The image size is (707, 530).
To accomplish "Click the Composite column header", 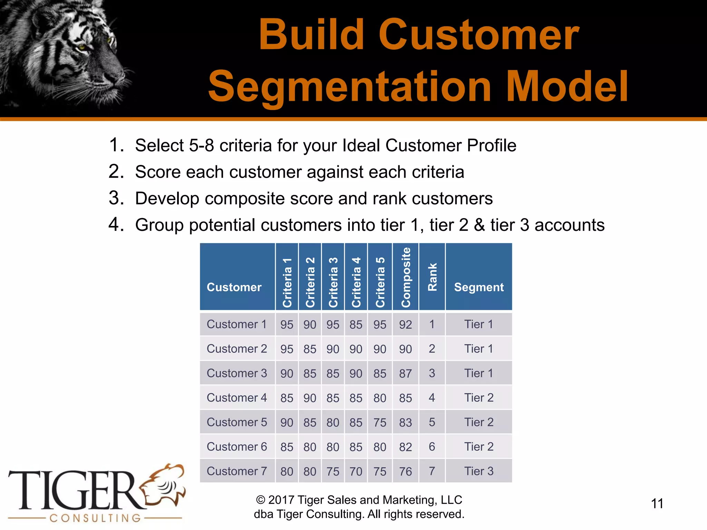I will (406, 277).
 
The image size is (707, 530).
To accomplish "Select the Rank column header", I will (432, 277).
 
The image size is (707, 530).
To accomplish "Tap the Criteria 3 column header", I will (333, 282).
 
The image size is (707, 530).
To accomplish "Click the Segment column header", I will (479, 287).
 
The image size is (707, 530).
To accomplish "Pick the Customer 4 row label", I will (237, 398).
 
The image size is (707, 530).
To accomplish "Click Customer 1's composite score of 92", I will (406, 325).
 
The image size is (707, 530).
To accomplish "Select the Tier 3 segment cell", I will (479, 471).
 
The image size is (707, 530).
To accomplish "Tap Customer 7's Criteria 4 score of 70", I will (356, 472).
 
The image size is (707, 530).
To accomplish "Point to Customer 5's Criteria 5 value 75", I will (380, 423).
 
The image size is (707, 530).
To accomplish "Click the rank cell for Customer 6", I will (432, 447).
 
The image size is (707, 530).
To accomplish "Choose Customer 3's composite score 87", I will (406, 374).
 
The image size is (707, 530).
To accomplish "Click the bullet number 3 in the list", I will (115, 198).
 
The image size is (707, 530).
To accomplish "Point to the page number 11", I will (657, 504).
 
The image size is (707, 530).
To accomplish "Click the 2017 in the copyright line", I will (281, 500).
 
